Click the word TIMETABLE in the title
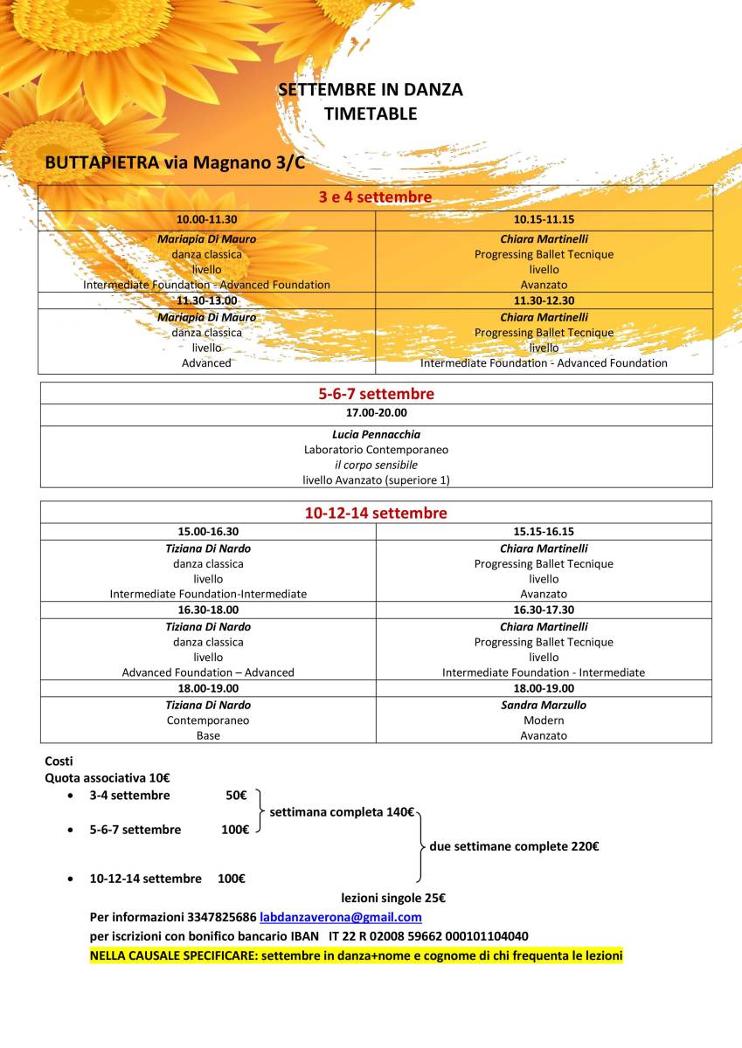point(370,114)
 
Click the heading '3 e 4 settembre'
point(375,197)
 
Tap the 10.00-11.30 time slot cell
point(206,220)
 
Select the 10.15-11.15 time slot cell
point(544,220)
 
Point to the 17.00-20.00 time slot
point(376,413)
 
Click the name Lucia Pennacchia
point(376,434)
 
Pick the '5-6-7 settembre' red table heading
point(376,394)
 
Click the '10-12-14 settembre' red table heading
point(376,513)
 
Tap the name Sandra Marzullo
point(544,705)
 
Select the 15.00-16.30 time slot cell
point(208,531)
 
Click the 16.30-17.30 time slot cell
point(544,610)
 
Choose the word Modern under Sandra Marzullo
point(544,720)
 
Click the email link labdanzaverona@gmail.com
point(341,917)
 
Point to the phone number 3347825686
point(221,917)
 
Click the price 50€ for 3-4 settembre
point(236,796)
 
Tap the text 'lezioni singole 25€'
point(393,898)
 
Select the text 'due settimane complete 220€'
point(514,846)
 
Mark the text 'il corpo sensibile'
point(376,465)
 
